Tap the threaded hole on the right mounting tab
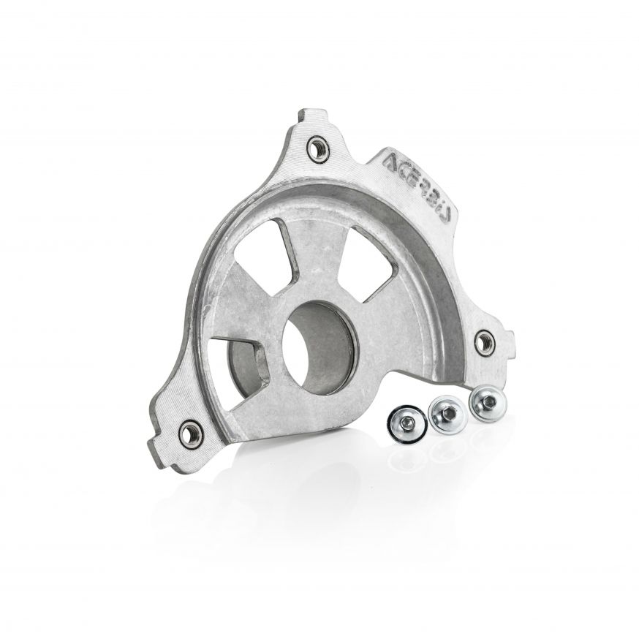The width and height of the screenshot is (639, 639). click(x=484, y=341)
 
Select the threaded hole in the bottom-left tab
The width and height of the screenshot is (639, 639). click(x=191, y=434)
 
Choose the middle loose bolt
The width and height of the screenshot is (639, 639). click(x=446, y=415)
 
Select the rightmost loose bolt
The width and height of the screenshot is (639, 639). click(x=484, y=403)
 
